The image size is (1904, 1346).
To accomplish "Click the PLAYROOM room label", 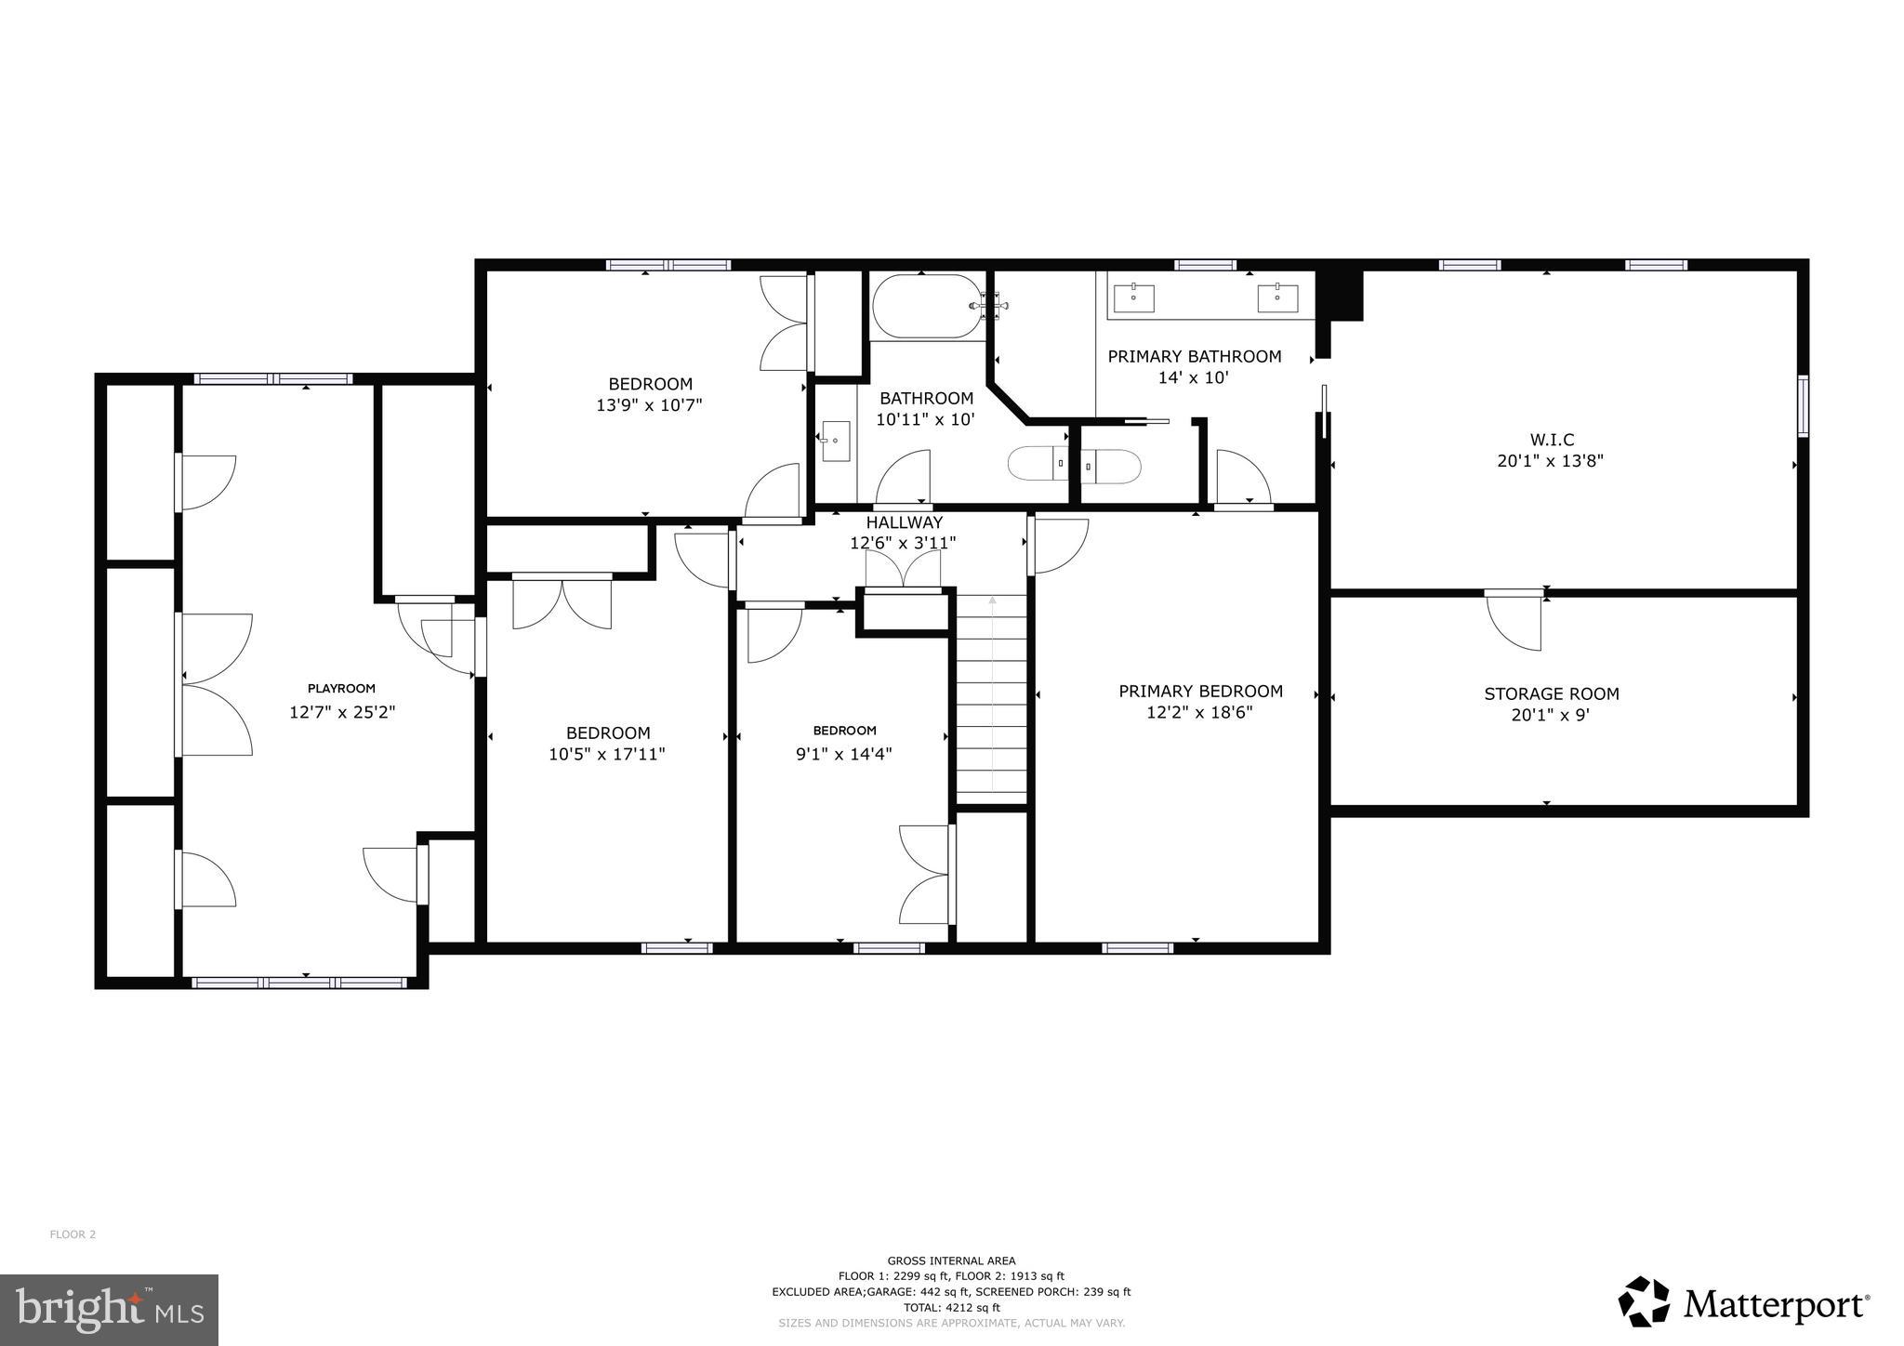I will pos(341,689).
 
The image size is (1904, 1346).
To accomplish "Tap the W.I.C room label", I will pos(1551,440).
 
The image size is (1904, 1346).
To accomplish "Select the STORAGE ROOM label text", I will pos(1551,693).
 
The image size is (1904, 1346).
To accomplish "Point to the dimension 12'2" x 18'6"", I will pos(1199,713).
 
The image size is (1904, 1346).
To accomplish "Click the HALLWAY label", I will pos(904,523).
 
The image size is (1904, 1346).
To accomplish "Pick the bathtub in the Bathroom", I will pos(925,306).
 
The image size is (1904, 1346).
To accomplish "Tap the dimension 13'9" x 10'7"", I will pos(649,405).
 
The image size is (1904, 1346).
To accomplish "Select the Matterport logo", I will pos(1743,1304).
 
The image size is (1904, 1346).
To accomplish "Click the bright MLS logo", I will pos(109,1310).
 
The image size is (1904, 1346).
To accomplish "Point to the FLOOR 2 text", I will pos(73,1234).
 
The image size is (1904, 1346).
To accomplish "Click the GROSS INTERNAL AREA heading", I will pos(951,1261).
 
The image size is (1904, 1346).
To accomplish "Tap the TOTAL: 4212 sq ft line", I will pos(951,1307).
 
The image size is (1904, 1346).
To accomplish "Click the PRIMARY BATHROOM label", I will pos(1194,357).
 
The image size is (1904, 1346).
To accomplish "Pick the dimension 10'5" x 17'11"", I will pos(606,755).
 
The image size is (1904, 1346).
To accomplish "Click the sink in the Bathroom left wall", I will pos(835,442).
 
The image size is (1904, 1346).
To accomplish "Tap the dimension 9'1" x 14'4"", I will pos(843,755).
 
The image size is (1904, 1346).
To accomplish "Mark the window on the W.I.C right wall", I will pos(1803,405).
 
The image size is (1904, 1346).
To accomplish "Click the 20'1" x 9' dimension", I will pos(1551,715).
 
